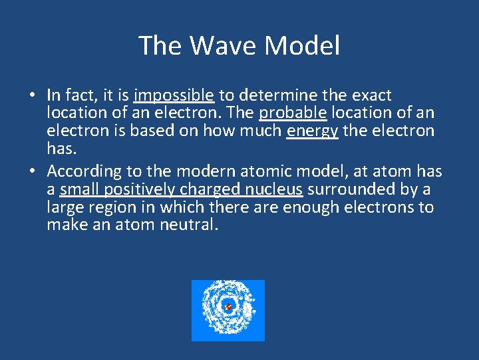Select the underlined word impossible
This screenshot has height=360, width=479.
tap(174, 95)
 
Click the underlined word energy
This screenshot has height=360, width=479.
tap(312, 131)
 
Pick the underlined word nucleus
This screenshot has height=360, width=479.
tap(274, 189)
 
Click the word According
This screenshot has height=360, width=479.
tap(80, 171)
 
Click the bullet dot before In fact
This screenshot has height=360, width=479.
tap(32, 96)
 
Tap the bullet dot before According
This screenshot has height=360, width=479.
tap(32, 172)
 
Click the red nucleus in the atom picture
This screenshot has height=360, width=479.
tap(228, 307)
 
